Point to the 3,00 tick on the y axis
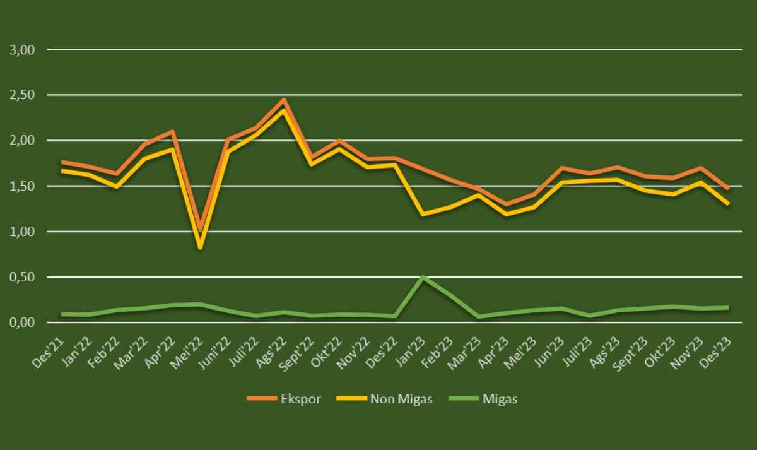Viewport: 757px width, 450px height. coord(22,50)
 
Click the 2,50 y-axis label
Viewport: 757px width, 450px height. coord(22,95)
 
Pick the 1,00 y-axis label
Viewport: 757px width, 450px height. coord(22,232)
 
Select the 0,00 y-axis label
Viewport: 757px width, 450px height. coord(22,323)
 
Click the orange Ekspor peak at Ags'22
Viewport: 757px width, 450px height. coord(284,100)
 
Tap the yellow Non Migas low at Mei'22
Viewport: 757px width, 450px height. coord(201,247)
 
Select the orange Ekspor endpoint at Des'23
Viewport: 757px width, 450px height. coord(727,188)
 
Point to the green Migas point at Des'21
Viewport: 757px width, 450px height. coord(62,314)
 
